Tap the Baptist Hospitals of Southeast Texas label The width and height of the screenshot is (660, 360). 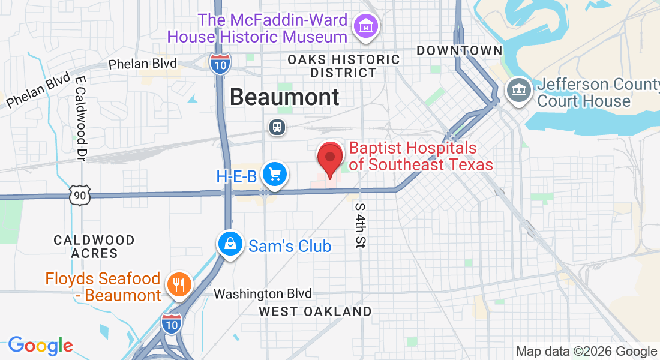[x=421, y=156]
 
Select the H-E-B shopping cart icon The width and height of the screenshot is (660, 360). [x=275, y=175]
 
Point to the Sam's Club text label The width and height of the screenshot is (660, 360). [x=290, y=246]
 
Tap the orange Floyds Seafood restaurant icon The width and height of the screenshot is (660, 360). [x=178, y=283]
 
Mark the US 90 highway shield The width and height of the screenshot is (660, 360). [x=79, y=194]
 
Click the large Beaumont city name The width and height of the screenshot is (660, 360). [x=284, y=97]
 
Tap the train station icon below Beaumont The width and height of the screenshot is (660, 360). [x=277, y=127]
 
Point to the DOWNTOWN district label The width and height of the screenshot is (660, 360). [x=459, y=51]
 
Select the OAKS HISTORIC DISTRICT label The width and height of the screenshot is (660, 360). [x=343, y=66]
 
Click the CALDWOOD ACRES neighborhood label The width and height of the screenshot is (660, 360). [x=94, y=247]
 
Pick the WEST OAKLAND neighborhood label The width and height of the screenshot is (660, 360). [x=315, y=311]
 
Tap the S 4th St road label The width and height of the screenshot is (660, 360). [x=360, y=225]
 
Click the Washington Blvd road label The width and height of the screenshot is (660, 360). [x=263, y=294]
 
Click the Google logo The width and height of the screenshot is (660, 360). [x=40, y=346]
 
